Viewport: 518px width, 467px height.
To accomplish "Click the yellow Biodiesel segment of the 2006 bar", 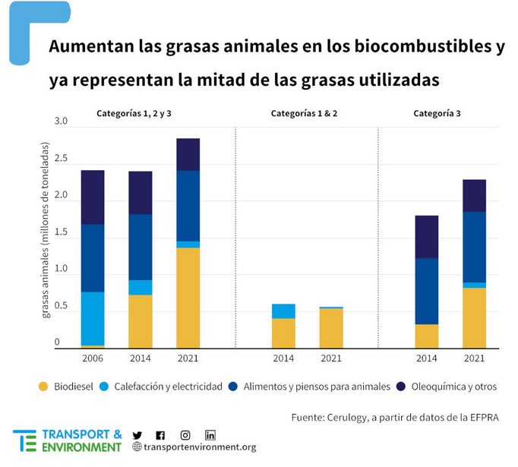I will [93, 346].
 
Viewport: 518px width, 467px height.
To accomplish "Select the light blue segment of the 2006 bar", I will [93, 319].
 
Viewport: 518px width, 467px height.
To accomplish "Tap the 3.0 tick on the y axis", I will [62, 121].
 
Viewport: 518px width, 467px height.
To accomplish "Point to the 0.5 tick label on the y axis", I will [62, 306].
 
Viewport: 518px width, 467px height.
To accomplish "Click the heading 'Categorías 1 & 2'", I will [305, 113].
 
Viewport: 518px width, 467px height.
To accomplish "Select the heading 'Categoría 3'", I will [437, 113].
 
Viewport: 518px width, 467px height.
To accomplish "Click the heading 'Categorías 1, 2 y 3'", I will [139, 113].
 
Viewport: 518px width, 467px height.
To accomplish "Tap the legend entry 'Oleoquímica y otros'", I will [453, 387].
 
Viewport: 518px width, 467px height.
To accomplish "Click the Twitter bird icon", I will [137, 435].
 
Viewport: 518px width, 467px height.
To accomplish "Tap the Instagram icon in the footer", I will [185, 435].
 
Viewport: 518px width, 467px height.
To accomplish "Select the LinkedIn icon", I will [210, 435].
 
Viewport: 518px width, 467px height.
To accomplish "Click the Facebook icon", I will [160, 435].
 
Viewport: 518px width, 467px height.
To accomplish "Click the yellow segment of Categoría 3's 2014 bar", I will [426, 336].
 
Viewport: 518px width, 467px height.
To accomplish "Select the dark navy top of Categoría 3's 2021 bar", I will [475, 195].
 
